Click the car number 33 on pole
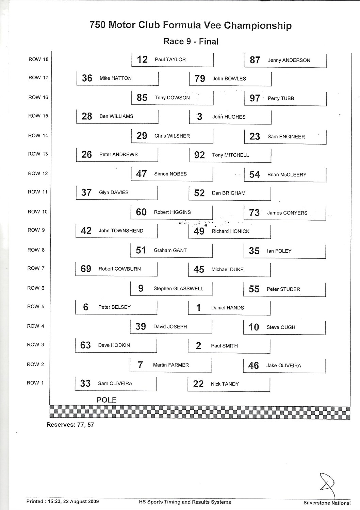[x=85, y=384]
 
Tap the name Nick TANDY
[x=225, y=384]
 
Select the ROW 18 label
[x=38, y=60]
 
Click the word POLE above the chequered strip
[x=107, y=400]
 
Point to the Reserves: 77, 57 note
[x=70, y=425]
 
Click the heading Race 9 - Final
[x=191, y=41]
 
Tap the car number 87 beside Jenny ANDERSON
[x=255, y=60]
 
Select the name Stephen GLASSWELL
[x=178, y=289]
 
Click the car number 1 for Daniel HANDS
[x=198, y=308]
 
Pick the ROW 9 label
[x=36, y=230]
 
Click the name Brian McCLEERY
[x=287, y=175]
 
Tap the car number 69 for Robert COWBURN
[x=86, y=269]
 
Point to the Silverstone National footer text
[x=327, y=503]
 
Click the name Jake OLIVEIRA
[x=283, y=366]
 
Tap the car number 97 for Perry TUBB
[x=255, y=98]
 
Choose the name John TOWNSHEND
[x=121, y=231]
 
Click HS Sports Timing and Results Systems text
[x=185, y=502]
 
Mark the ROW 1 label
[x=35, y=383]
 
